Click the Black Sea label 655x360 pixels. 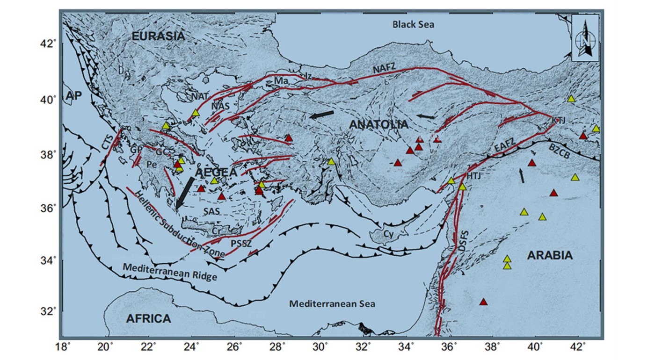[413, 24]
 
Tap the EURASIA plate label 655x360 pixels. [158, 36]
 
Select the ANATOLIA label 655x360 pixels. [379, 124]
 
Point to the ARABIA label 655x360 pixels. [550, 255]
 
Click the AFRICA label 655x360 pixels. [148, 319]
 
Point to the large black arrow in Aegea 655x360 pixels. [184, 193]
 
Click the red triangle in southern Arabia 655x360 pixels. [484, 302]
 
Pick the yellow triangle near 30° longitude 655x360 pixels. [331, 161]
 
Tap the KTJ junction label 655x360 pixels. [558, 120]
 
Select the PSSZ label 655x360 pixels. [241, 243]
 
